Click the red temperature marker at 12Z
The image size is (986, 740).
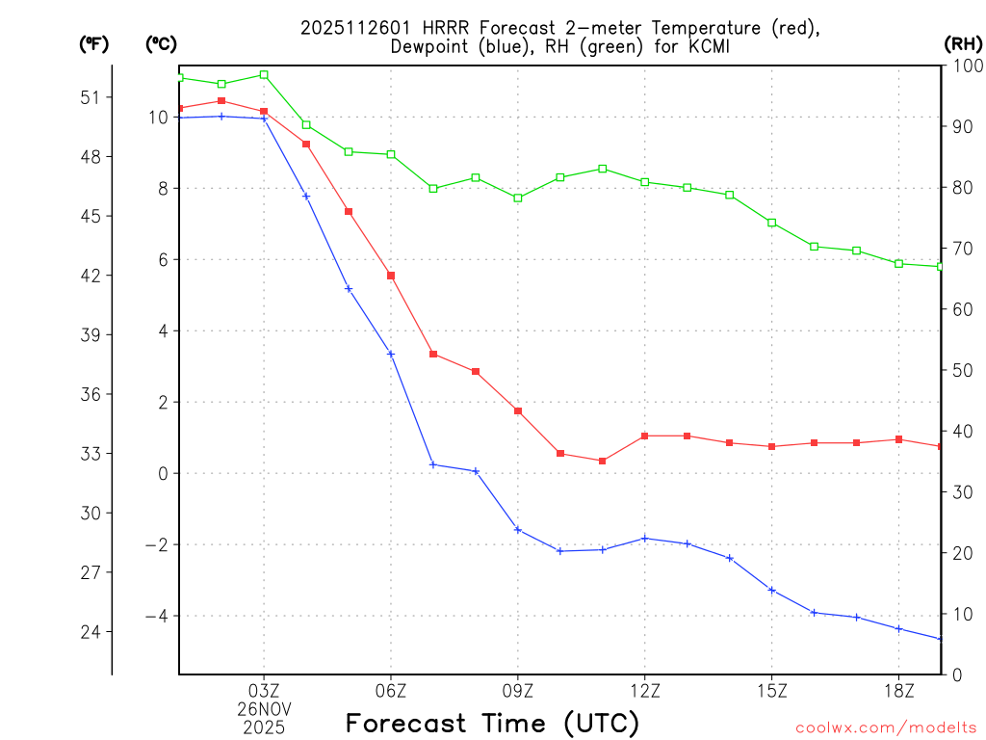pyautogui.click(x=645, y=436)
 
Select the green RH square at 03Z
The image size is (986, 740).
pyautogui.click(x=264, y=74)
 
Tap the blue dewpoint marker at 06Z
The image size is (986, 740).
pyautogui.click(x=391, y=354)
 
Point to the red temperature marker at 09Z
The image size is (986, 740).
pyautogui.click(x=518, y=411)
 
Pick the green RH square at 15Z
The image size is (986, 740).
pyautogui.click(x=772, y=223)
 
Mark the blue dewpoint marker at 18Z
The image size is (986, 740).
pyautogui.click(x=899, y=629)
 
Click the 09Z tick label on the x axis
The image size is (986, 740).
pyautogui.click(x=518, y=690)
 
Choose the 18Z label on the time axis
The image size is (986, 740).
pyautogui.click(x=899, y=690)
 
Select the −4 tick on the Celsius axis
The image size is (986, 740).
pyautogui.click(x=157, y=616)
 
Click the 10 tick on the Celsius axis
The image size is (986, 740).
pyautogui.click(x=158, y=118)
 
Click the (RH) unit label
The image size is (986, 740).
pyautogui.click(x=962, y=43)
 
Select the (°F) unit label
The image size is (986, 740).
pyautogui.click(x=93, y=43)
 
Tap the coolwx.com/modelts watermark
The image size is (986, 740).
pyautogui.click(x=886, y=727)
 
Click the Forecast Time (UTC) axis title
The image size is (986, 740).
pyautogui.click(x=492, y=723)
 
